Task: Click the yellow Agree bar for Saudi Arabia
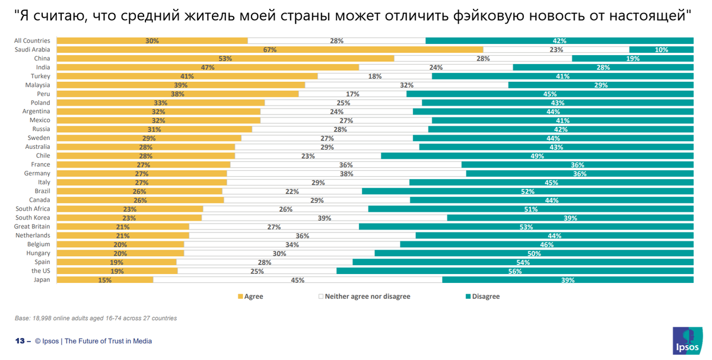[x=270, y=50]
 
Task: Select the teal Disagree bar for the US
[x=515, y=271]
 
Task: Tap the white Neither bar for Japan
[x=297, y=280]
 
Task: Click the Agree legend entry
[x=250, y=297]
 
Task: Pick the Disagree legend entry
[x=482, y=297]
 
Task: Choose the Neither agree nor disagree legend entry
[x=364, y=297]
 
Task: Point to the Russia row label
[x=42, y=129]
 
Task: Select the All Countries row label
[x=33, y=41]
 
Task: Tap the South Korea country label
[x=34, y=218]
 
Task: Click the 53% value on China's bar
[x=225, y=59]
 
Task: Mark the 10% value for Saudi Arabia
[x=662, y=50]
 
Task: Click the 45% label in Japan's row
[x=297, y=280]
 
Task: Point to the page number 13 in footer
[x=19, y=341]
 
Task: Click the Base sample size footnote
[x=96, y=318]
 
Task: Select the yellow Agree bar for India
[x=208, y=68]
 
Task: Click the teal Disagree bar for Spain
[x=523, y=262]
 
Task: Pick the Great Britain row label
[x=33, y=227]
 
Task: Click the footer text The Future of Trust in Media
[x=108, y=341]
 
